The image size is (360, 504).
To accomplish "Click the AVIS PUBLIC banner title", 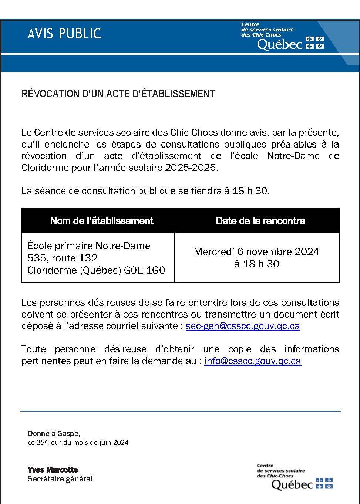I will pyautogui.click(x=64, y=34).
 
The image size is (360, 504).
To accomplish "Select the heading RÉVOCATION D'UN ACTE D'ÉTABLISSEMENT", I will pyautogui.click(x=118, y=94).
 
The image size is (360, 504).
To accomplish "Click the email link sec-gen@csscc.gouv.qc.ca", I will pyautogui.click(x=243, y=326).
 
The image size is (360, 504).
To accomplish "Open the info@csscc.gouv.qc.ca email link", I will pyautogui.click(x=253, y=361).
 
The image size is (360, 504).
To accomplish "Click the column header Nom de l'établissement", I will pyautogui.click(x=101, y=221).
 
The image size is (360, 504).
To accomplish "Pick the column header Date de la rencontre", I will pyautogui.click(x=260, y=221).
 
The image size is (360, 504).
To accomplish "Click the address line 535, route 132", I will pyautogui.click(x=63, y=258).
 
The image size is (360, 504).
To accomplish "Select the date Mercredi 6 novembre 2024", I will pyautogui.click(x=256, y=252).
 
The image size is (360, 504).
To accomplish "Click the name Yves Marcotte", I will pyautogui.click(x=53, y=470).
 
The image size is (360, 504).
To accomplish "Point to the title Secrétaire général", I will pyautogui.click(x=60, y=479).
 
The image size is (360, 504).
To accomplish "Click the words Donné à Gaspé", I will pyautogui.click(x=54, y=433).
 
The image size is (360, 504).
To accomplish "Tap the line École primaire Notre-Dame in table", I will pyautogui.click(x=89, y=246).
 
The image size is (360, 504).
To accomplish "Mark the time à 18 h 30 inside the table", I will pyautogui.click(x=256, y=264).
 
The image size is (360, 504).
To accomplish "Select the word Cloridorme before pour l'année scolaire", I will pyautogui.click(x=46, y=168).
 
